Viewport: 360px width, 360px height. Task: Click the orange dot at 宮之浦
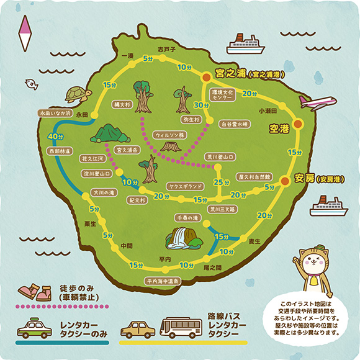[x=205, y=77]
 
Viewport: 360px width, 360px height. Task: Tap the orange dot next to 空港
[x=299, y=124]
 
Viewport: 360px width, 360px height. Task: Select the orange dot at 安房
[x=284, y=181]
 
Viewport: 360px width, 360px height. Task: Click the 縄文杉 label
[x=121, y=105]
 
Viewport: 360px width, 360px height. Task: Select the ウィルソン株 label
[x=169, y=134]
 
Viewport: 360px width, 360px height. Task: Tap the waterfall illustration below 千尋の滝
[x=182, y=239]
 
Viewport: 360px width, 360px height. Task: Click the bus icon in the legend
[x=181, y=327]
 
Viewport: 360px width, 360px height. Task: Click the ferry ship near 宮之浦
[x=247, y=45]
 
